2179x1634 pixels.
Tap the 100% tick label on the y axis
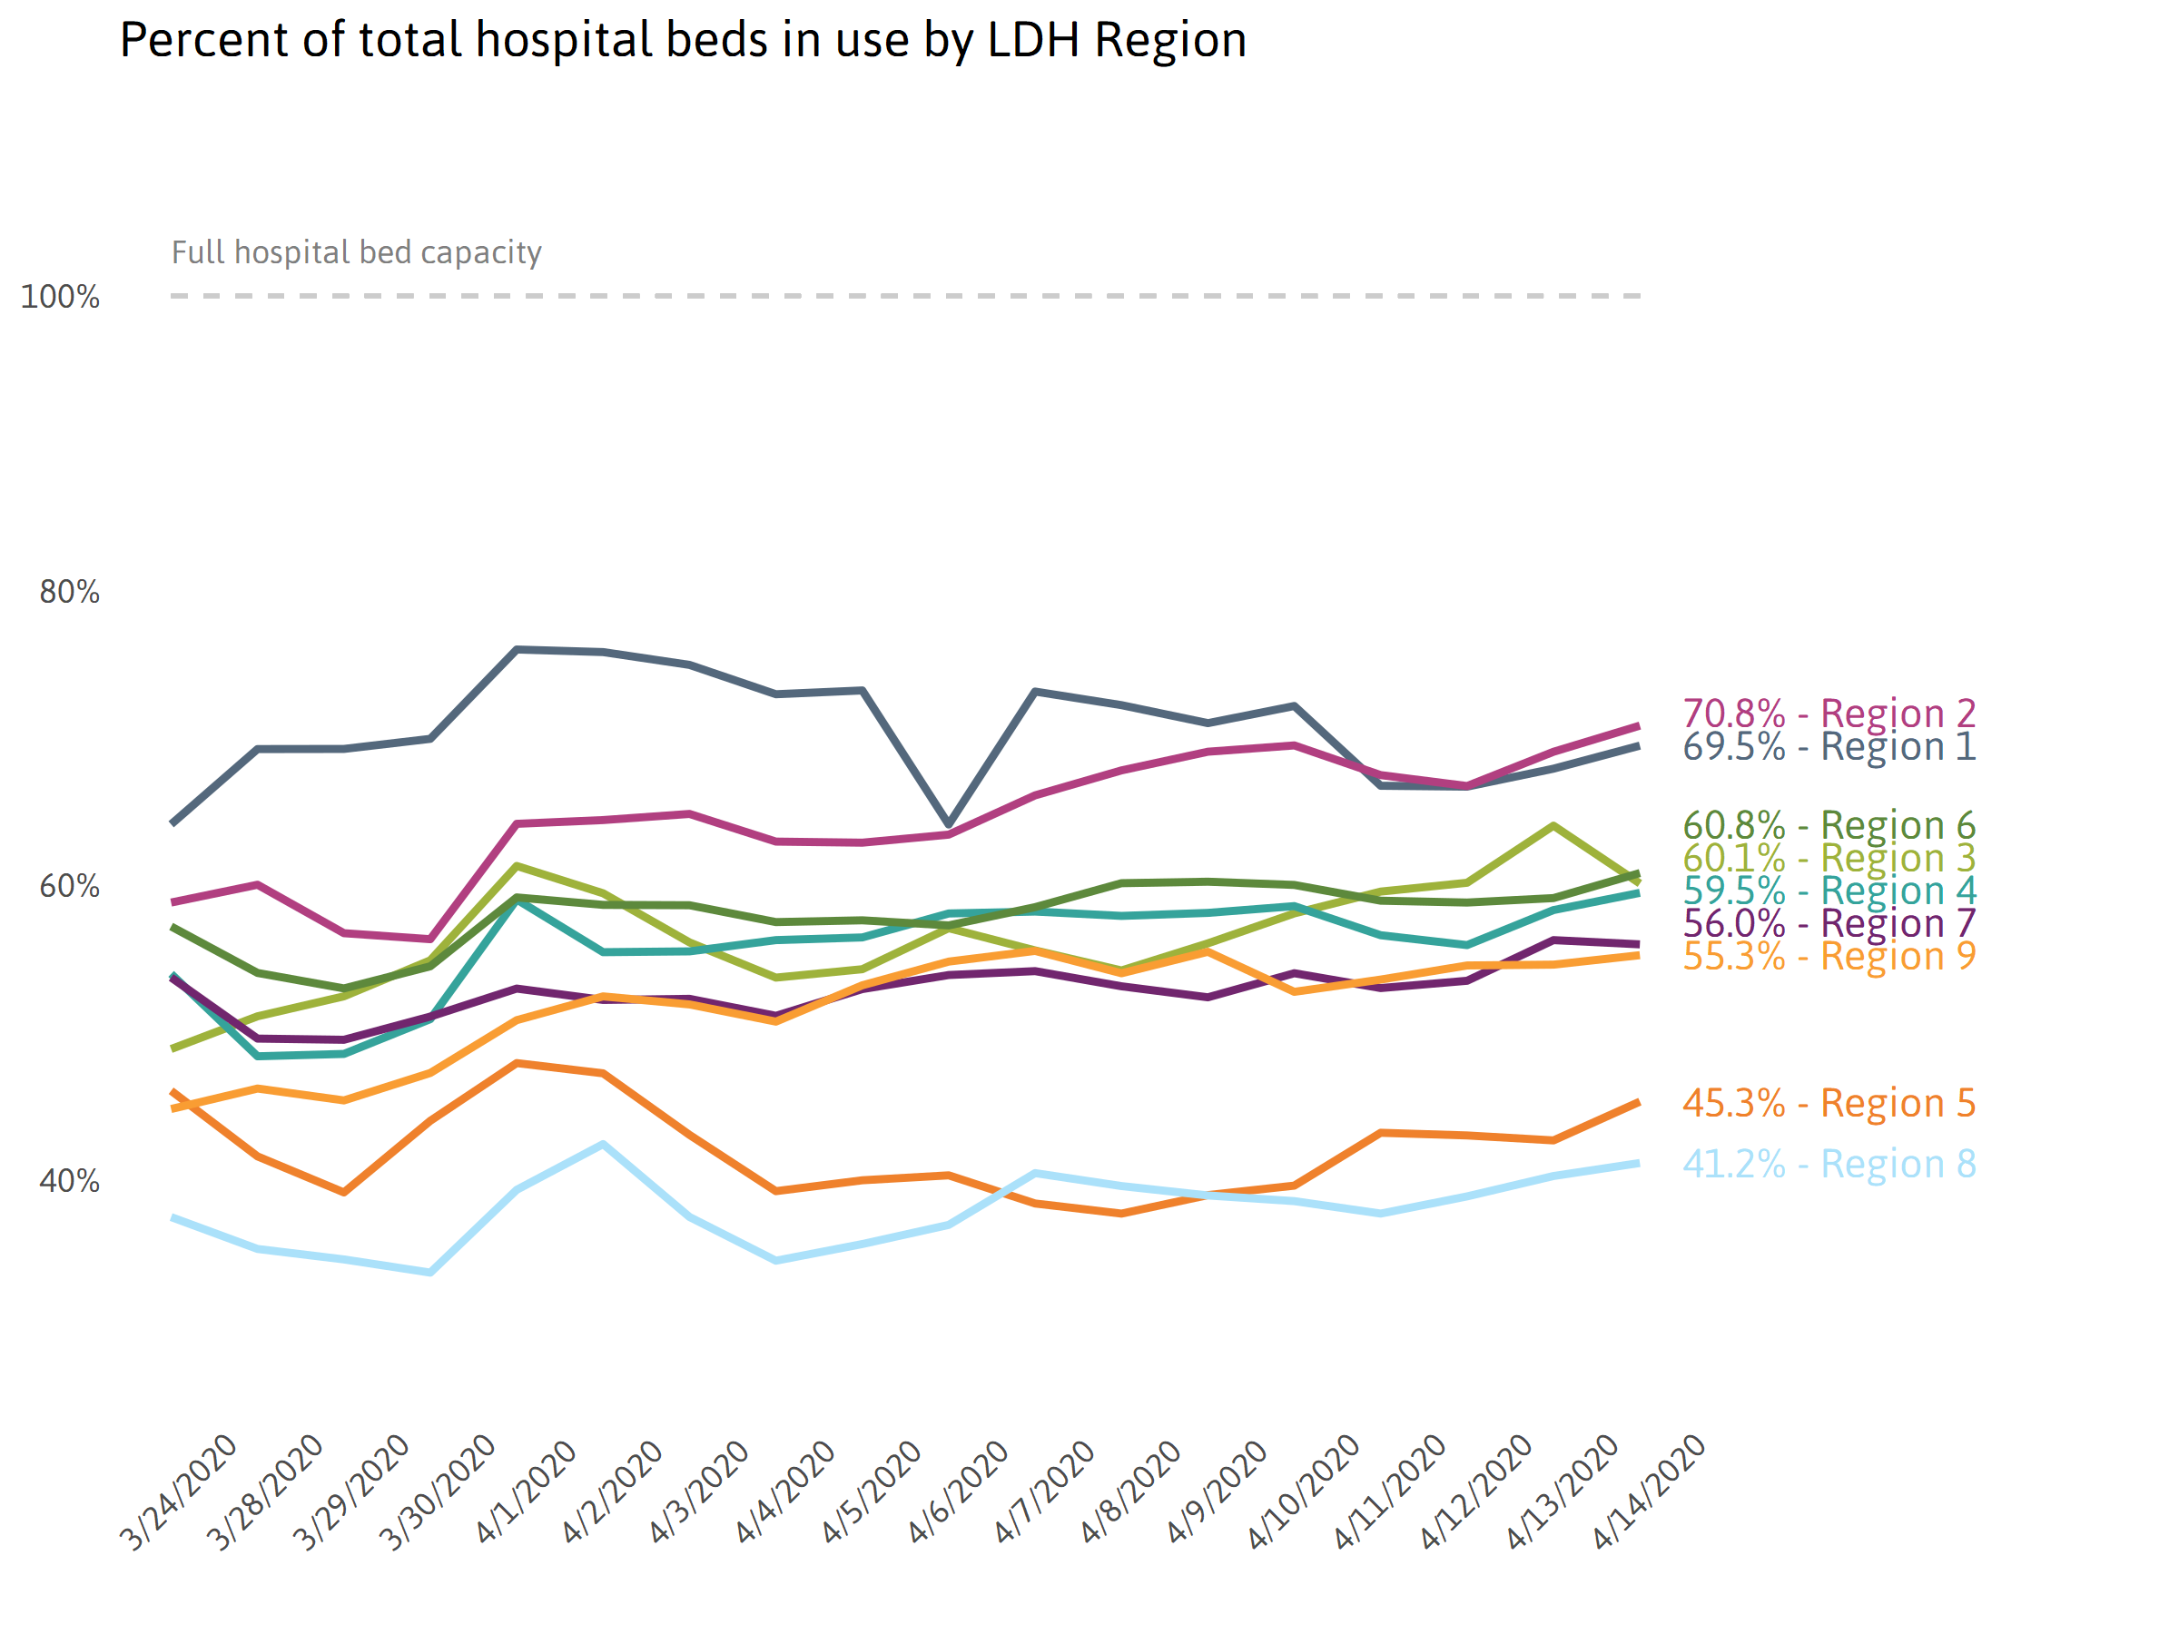tap(60, 297)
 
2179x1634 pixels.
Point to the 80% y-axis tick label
tap(69, 592)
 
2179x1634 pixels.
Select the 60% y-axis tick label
tap(69, 886)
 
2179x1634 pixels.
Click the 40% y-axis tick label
tap(69, 1181)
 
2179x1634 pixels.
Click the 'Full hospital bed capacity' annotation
tap(357, 252)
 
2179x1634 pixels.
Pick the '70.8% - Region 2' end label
tap(1829, 714)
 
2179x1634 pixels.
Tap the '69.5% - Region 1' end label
tap(1829, 746)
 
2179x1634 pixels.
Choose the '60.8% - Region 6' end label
tap(1829, 825)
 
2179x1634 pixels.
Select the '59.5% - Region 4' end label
tap(1829, 891)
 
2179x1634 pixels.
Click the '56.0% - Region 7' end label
tap(1829, 923)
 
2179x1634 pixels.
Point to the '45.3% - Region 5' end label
tap(1829, 1103)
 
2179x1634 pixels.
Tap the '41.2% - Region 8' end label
tap(1829, 1164)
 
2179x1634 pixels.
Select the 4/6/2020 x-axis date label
tap(958, 1492)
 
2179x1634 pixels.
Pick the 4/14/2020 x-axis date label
tap(1647, 1492)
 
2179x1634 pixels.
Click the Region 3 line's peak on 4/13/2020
tap(1553, 825)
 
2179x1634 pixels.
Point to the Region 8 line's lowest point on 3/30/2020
tap(430, 1273)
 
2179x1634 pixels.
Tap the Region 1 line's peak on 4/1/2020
tap(518, 649)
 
